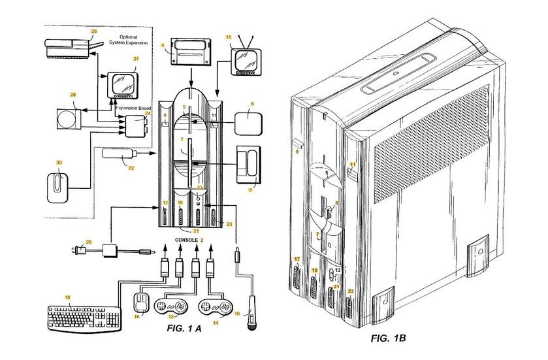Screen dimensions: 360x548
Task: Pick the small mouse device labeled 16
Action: pyautogui.click(x=139, y=304)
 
